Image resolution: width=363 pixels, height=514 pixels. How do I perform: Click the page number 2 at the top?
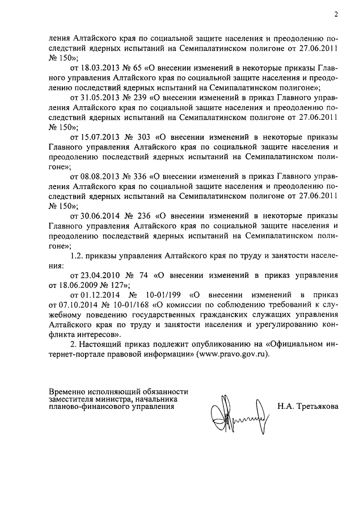click(335, 15)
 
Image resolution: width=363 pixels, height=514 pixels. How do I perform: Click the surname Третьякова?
click(318, 407)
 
